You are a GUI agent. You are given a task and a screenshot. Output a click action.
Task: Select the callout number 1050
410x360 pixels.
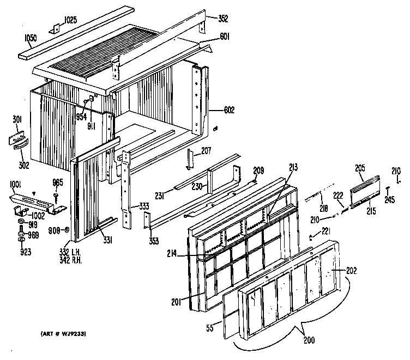click(31, 39)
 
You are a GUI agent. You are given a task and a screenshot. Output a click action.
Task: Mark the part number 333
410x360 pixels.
click(144, 207)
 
